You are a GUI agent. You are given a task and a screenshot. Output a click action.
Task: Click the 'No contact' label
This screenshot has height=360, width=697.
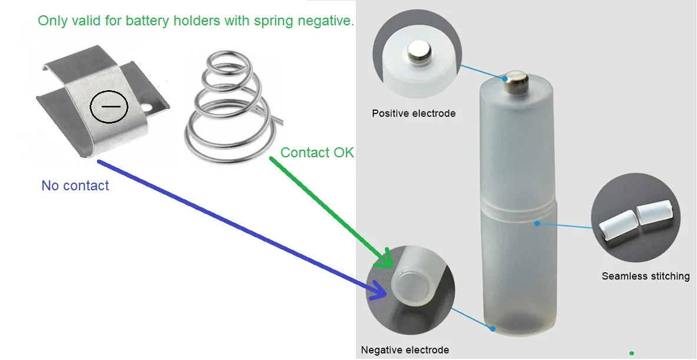click(x=75, y=186)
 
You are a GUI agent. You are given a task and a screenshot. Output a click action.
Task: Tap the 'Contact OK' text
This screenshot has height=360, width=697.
click(x=317, y=153)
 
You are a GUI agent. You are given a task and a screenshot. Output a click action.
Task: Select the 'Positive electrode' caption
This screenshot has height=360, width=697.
click(x=413, y=113)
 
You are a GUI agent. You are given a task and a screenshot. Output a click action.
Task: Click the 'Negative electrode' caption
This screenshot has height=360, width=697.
click(x=405, y=350)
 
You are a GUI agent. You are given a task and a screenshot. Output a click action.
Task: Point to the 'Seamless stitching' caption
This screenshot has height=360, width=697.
click(x=645, y=276)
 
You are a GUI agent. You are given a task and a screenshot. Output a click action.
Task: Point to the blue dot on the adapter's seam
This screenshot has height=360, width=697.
click(x=537, y=223)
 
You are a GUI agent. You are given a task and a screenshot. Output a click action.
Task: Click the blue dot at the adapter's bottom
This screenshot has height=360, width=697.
click(x=493, y=328)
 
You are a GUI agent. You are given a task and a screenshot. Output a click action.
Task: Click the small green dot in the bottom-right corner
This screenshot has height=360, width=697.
click(x=632, y=353)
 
